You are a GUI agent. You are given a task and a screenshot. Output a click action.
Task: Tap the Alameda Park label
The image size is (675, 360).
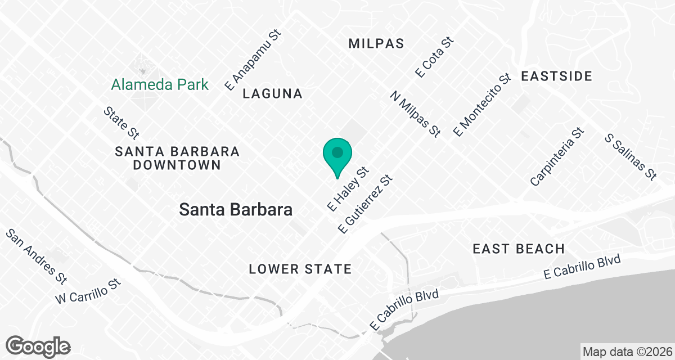point(160,85)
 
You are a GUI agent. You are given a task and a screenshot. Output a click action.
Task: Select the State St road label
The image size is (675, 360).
point(121,123)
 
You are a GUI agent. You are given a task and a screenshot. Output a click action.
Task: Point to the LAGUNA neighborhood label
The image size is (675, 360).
point(273,94)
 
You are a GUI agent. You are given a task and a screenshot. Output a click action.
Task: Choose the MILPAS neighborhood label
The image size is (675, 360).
point(376,44)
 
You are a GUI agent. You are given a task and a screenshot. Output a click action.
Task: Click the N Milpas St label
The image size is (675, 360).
point(415,115)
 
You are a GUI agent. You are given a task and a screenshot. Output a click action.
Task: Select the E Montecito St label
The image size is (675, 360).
point(482,104)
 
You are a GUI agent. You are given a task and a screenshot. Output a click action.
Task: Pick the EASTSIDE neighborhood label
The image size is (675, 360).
point(556,76)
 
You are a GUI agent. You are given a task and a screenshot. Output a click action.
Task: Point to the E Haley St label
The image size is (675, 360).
point(347,188)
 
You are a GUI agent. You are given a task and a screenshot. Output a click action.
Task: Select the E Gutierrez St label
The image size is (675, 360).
point(364,204)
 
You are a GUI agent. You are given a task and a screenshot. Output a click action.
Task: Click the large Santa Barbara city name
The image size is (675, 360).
point(236,210)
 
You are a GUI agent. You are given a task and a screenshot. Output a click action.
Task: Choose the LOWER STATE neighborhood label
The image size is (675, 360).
point(300,269)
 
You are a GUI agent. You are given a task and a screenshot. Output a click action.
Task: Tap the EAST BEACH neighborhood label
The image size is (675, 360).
point(518,249)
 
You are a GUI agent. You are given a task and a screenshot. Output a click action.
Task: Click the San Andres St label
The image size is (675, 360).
point(36,255)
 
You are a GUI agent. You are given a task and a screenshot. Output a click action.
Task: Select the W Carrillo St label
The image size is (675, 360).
point(88,290)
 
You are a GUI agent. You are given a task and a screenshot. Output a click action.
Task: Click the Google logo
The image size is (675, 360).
point(38,346)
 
